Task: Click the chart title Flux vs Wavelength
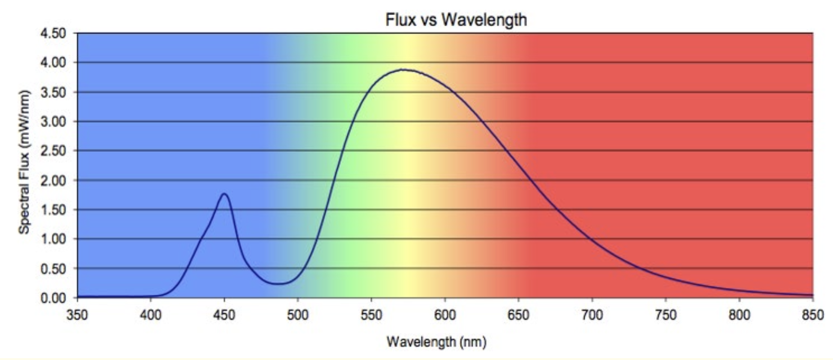(456, 20)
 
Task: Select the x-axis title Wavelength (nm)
(436, 341)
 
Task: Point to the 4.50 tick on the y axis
(53, 33)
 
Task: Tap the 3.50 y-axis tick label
(53, 92)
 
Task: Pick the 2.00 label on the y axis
(53, 180)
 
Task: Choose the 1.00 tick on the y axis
(53, 239)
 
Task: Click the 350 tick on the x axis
(77, 315)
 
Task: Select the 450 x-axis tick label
(224, 315)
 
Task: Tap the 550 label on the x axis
(371, 315)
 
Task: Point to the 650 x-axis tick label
(518, 315)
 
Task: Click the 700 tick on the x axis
(592, 315)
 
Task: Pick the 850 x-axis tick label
(813, 315)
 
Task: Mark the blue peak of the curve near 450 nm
(224, 193)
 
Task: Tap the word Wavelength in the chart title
(484, 20)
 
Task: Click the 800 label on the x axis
(739, 315)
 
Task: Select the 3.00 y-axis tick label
(53, 121)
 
